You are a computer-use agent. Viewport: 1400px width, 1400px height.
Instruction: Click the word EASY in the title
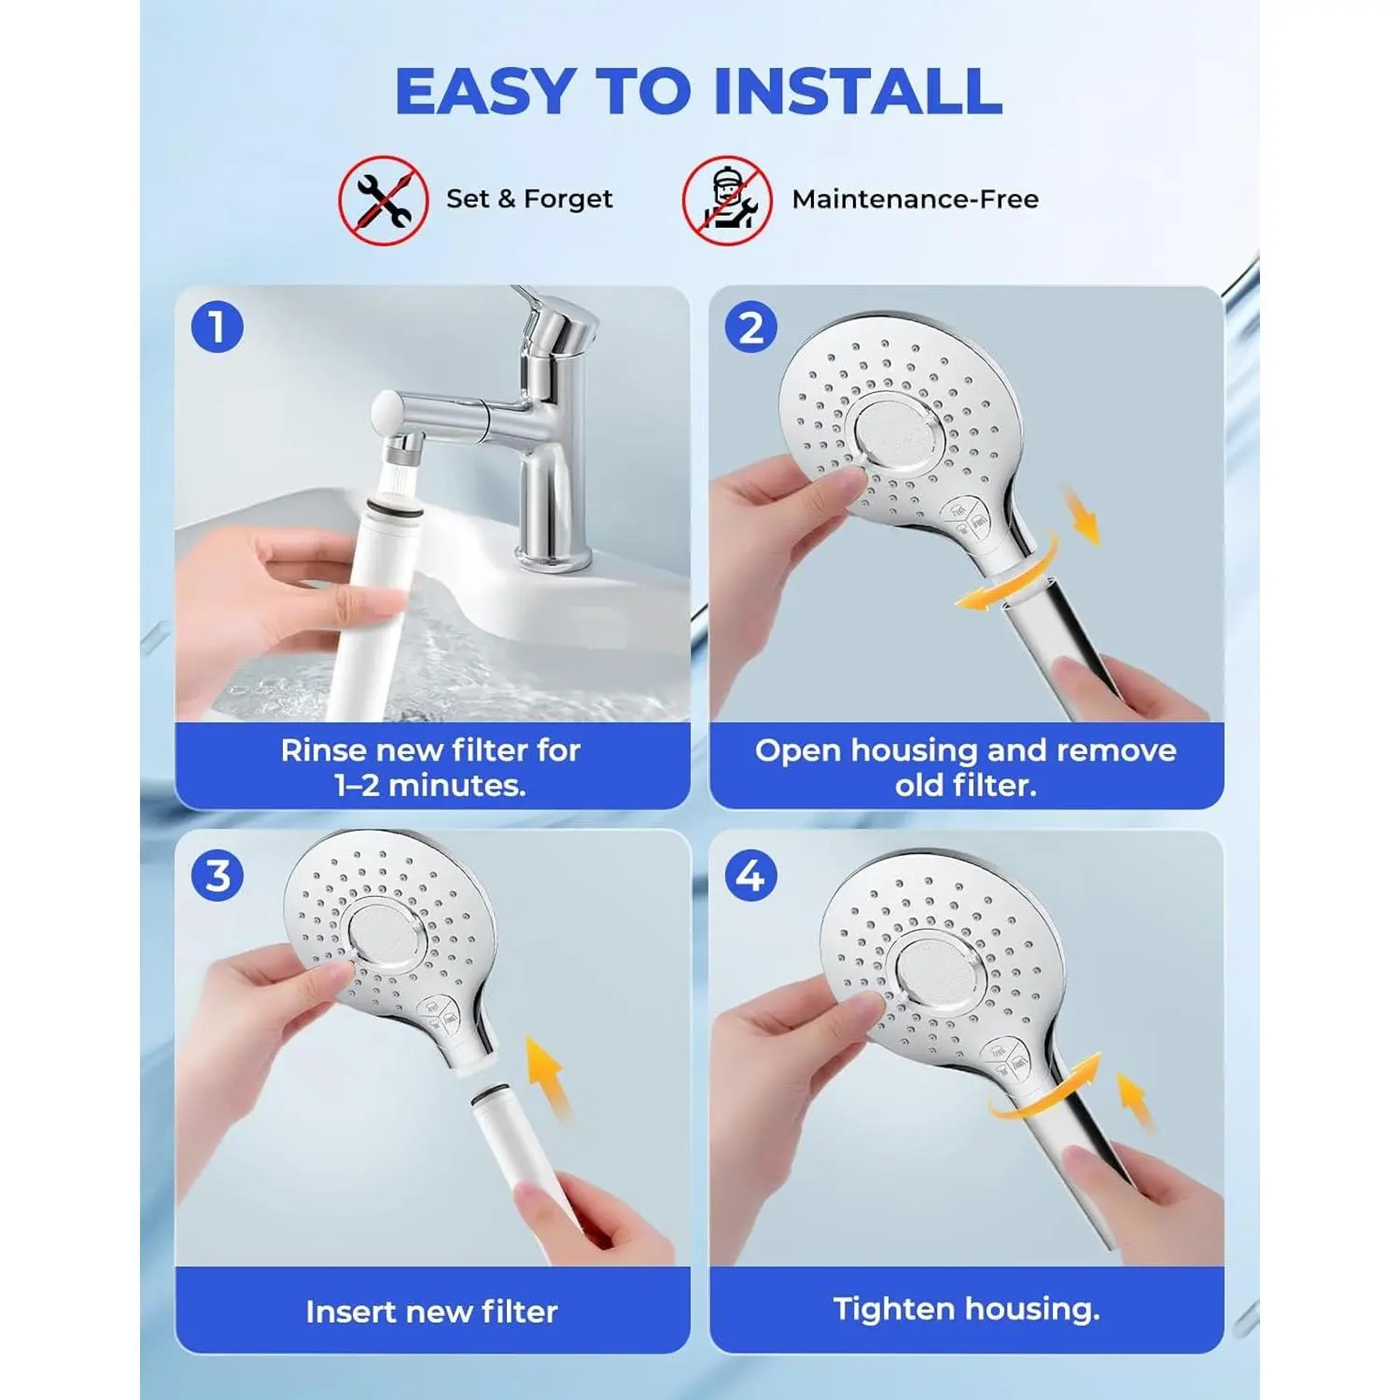click(x=485, y=91)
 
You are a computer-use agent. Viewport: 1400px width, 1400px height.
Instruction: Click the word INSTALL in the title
click(x=858, y=91)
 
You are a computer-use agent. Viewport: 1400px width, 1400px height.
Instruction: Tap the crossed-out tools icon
click(x=384, y=201)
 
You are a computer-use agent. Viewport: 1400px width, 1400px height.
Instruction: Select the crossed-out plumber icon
click(x=727, y=201)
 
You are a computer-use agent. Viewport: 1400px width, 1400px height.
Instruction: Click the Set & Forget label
click(x=529, y=199)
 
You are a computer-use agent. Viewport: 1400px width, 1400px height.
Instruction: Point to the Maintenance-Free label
click(x=915, y=199)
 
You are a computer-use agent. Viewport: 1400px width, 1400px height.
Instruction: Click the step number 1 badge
click(x=217, y=328)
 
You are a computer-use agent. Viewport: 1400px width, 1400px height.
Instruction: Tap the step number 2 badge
click(x=751, y=328)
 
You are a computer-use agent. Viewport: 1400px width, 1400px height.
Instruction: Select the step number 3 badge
click(x=217, y=876)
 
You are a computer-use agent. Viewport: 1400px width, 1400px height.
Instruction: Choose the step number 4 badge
click(x=751, y=876)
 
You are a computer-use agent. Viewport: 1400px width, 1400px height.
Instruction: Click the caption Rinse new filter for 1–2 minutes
click(x=431, y=767)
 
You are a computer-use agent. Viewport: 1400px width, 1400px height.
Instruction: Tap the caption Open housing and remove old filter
click(x=966, y=767)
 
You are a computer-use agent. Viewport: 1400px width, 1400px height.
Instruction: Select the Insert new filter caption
click(x=431, y=1311)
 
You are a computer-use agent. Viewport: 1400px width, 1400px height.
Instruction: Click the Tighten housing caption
click(x=966, y=1309)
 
